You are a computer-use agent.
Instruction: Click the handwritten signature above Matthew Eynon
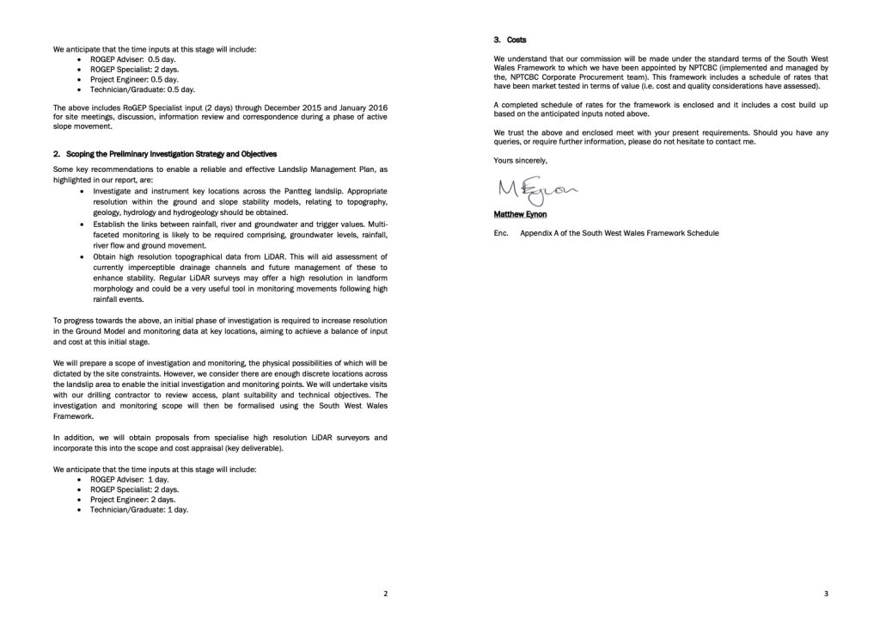tap(522, 188)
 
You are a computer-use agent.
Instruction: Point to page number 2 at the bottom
tap(385, 594)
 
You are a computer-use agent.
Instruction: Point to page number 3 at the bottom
tap(825, 594)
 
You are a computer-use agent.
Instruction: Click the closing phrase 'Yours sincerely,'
tap(520, 160)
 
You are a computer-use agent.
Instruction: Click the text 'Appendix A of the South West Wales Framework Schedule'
tap(620, 233)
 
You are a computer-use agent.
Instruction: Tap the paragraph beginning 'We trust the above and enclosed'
tap(661, 137)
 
